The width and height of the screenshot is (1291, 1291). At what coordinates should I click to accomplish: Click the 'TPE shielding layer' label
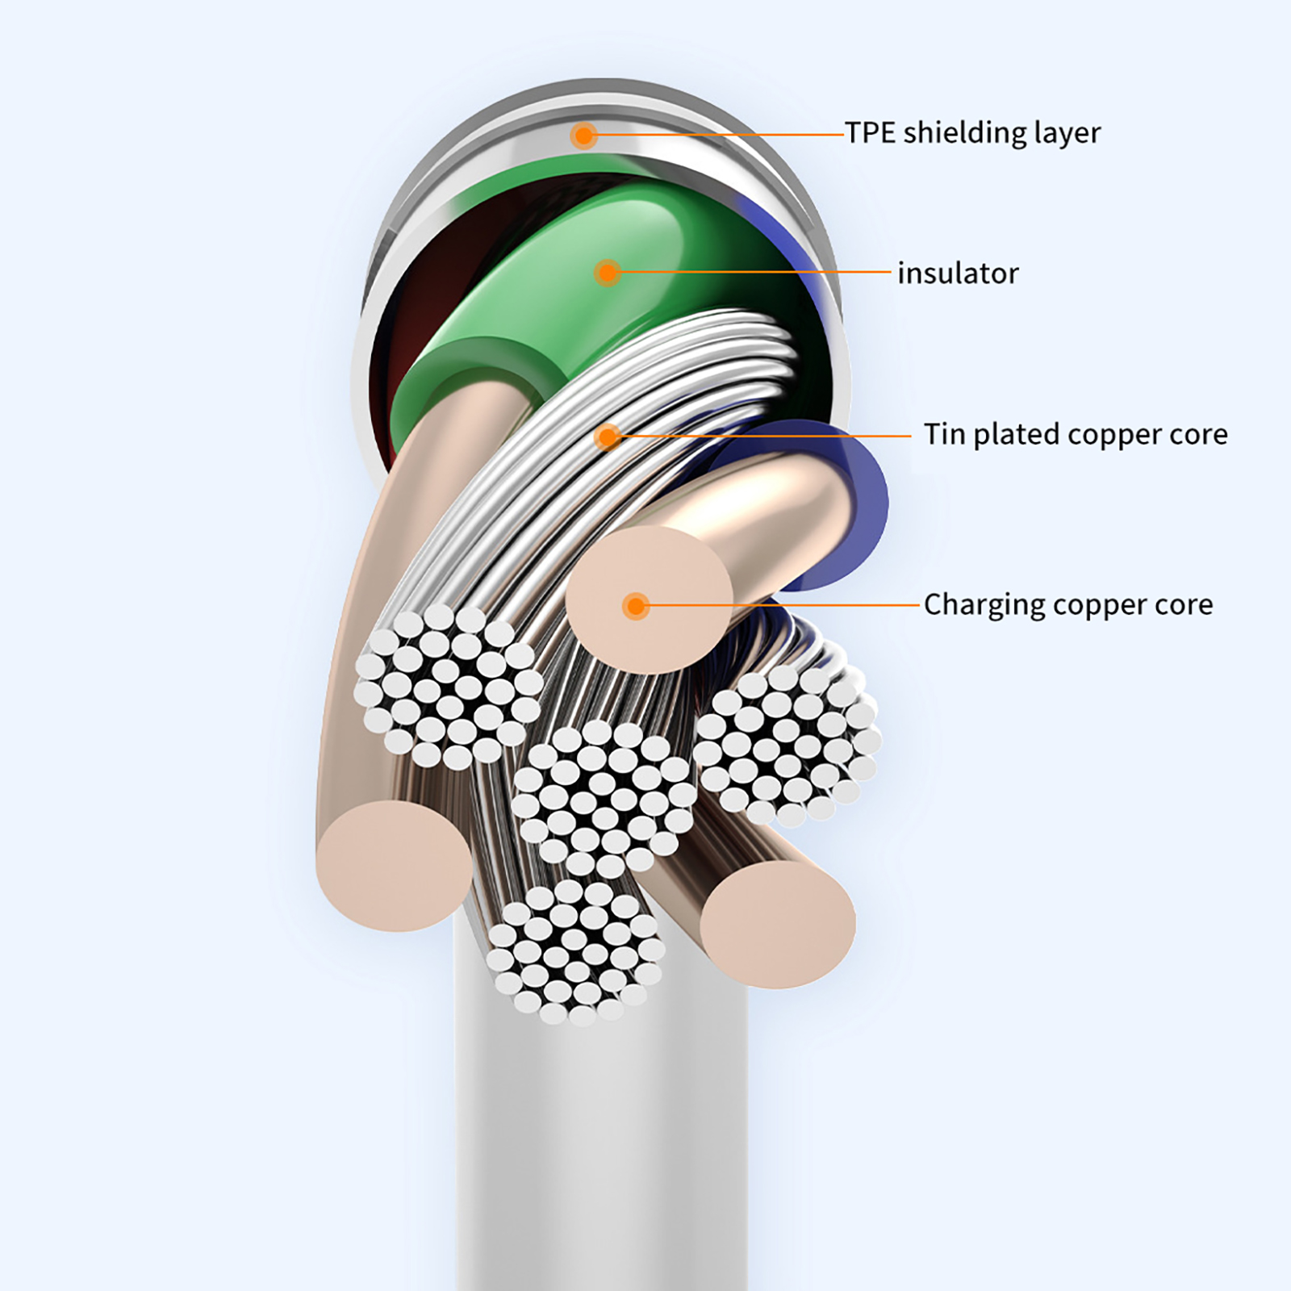point(972,133)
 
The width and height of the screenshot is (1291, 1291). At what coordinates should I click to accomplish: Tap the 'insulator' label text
point(958,274)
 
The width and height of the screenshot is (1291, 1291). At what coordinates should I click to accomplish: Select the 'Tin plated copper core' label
point(1076,435)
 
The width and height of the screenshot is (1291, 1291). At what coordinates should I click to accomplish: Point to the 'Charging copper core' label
point(1068,604)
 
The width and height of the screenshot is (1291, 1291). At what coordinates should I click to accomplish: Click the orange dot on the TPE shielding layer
point(583,135)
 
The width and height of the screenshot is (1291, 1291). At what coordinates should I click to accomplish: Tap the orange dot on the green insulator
point(608,273)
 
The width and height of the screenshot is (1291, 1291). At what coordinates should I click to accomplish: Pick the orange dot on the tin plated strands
point(608,437)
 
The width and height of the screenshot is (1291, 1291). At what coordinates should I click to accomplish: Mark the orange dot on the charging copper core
point(636,606)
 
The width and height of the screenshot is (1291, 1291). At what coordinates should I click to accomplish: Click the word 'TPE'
point(871,132)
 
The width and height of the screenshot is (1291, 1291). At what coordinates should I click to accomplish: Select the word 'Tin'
point(946,434)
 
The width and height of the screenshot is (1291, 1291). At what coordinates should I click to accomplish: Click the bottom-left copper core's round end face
point(394,866)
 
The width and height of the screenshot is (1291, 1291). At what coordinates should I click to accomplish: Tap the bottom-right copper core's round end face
point(778,925)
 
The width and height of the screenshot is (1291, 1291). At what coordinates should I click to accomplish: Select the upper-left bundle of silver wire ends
point(449,687)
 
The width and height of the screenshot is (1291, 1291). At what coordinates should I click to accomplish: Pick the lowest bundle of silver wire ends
point(575,953)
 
